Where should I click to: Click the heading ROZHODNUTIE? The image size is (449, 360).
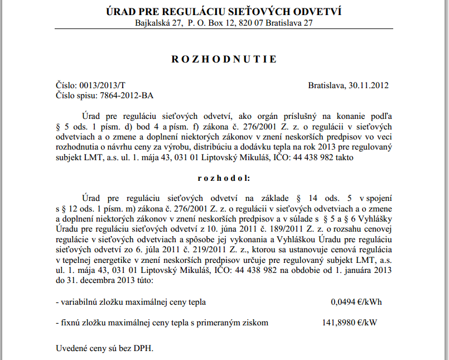(224, 59)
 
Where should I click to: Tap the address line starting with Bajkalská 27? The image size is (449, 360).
(224, 23)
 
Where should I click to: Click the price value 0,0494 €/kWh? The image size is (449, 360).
(356, 302)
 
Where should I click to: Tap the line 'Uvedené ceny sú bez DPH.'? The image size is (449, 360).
(104, 348)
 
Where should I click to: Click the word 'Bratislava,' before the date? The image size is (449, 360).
(327, 85)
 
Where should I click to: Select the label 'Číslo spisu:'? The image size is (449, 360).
(77, 95)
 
